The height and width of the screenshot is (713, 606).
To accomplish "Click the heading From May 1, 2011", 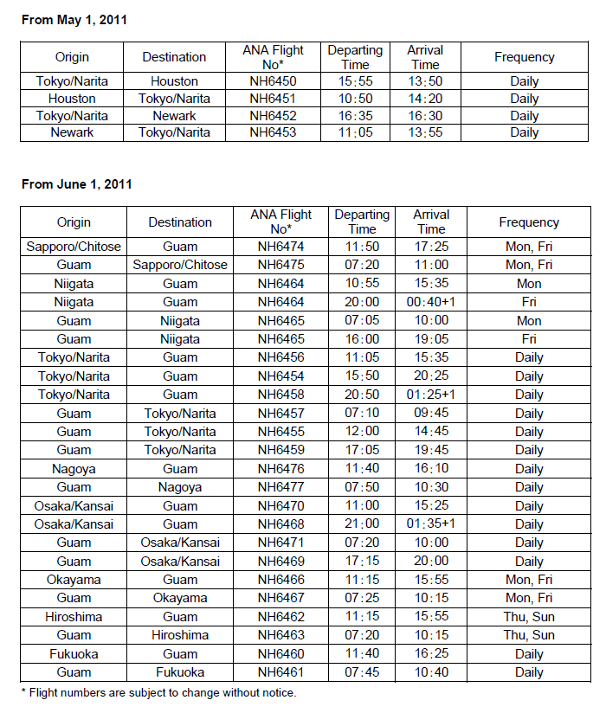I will coord(74,19).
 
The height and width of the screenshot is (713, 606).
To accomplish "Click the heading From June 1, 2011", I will coord(77,184).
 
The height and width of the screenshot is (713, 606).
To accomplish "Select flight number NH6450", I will coord(273,81).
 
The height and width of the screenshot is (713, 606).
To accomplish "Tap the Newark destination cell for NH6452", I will coord(174,115).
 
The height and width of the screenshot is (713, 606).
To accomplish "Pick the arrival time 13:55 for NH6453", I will coord(425,132).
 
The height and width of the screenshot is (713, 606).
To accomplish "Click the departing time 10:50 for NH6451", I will coord(355,99).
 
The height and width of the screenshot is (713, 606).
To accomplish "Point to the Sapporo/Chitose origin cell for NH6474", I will coord(74,246).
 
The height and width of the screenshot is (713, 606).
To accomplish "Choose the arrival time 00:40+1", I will coord(431,302).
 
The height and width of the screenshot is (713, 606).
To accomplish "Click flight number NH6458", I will coord(280,395).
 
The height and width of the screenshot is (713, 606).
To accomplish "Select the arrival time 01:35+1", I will coord(431,524).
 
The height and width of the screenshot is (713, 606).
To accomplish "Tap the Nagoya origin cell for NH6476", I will coord(74,468).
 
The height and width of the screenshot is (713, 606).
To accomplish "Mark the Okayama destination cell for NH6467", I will coord(180,598).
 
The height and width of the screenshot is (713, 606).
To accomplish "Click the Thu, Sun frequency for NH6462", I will coord(529,617).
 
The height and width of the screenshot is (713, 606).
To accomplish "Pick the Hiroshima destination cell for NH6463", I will coord(180,635).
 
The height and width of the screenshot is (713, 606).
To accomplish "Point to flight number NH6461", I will coord(280,672).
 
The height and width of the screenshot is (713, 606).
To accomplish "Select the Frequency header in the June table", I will coord(529,222).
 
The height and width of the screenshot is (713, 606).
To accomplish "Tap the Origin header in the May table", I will coord(72,57).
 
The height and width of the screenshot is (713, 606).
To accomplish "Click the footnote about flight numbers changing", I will coord(158,692).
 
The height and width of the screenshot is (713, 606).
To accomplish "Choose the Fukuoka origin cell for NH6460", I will coord(74,654).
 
